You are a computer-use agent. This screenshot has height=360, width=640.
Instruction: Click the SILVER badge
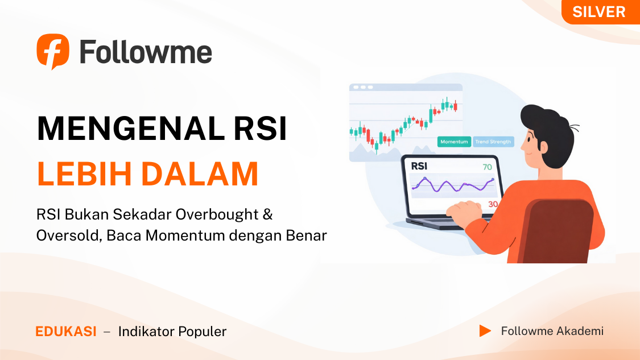click(x=600, y=12)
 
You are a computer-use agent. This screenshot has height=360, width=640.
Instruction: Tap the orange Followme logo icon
click(x=53, y=51)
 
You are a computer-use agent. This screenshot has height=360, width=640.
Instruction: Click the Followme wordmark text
click(x=146, y=52)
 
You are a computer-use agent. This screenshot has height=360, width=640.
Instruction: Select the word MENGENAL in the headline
click(x=131, y=129)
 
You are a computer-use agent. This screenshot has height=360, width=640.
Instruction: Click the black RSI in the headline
click(x=261, y=129)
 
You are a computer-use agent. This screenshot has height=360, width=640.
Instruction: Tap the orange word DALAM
click(x=200, y=174)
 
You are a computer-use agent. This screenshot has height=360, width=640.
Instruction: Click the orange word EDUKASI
click(x=66, y=332)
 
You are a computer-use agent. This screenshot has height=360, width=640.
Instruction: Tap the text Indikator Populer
click(x=172, y=332)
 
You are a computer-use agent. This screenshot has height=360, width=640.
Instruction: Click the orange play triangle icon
click(x=485, y=331)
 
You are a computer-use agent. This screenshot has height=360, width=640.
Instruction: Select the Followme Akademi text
click(x=552, y=331)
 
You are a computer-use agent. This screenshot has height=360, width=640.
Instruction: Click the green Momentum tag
click(x=455, y=142)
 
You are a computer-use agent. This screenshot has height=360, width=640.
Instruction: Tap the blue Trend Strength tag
click(x=493, y=142)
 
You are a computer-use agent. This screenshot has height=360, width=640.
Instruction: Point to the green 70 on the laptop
click(x=488, y=167)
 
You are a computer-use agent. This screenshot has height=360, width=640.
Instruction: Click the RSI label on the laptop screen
click(x=419, y=166)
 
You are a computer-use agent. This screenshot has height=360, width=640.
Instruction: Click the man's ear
click(x=543, y=147)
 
